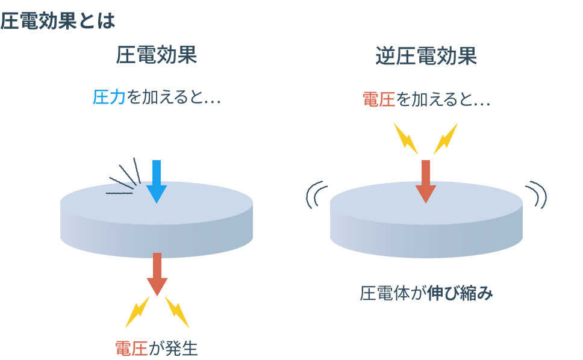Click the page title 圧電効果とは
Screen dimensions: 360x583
click(x=57, y=21)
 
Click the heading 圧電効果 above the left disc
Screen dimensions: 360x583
click(x=157, y=55)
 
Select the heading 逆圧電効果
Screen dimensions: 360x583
click(x=426, y=55)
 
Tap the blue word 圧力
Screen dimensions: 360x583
click(x=108, y=98)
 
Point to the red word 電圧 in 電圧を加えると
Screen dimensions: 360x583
click(x=378, y=99)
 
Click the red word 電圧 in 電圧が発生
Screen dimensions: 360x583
click(x=131, y=348)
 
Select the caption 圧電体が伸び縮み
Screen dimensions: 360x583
click(x=426, y=294)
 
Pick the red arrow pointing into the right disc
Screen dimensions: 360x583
click(x=426, y=181)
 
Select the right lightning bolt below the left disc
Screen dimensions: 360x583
click(x=177, y=311)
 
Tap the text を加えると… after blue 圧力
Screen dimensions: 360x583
click(x=173, y=98)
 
